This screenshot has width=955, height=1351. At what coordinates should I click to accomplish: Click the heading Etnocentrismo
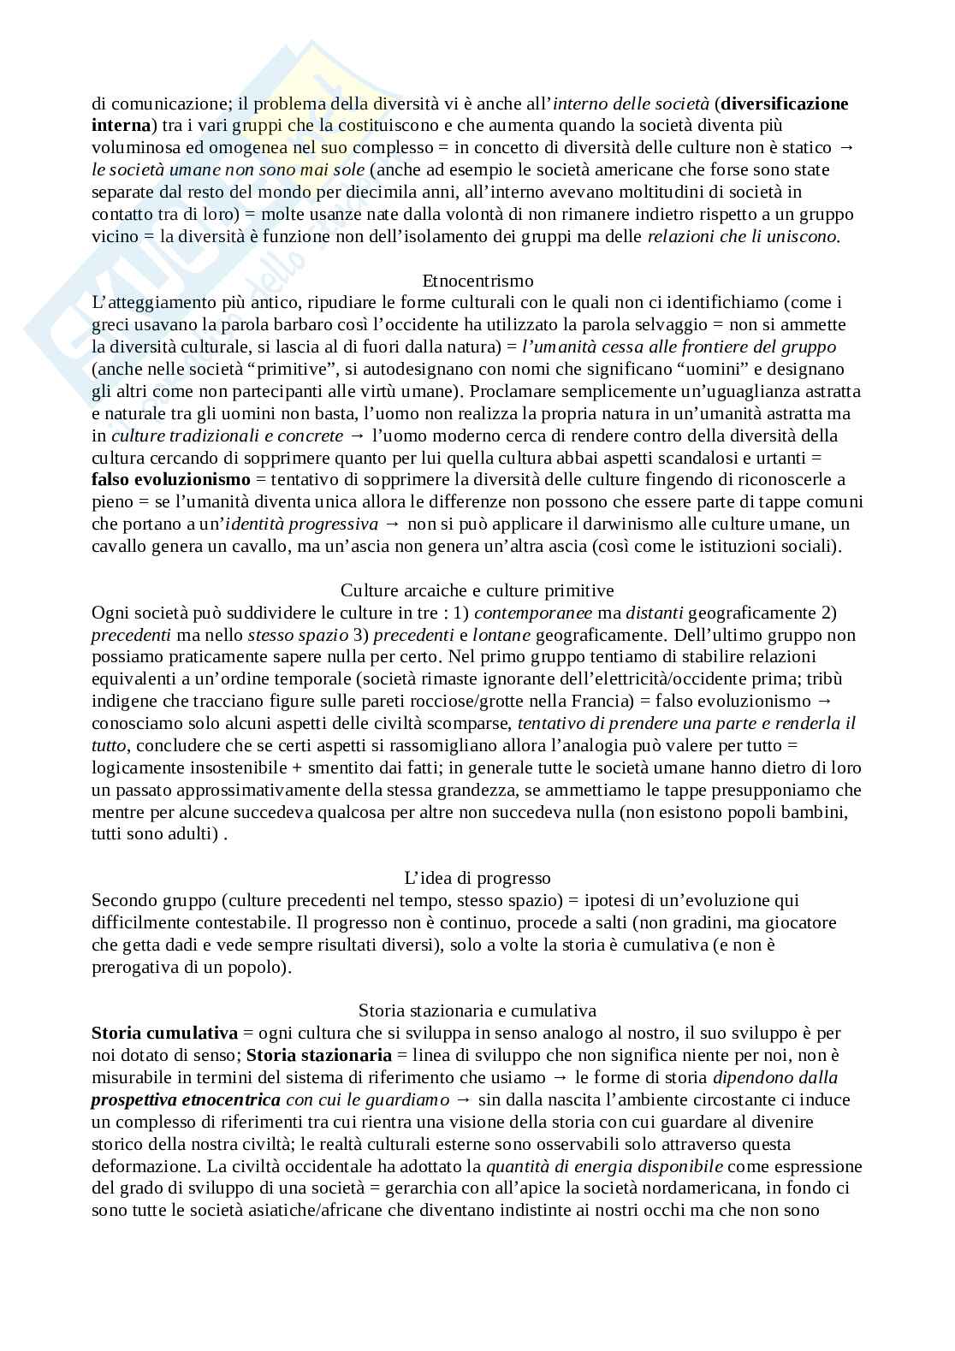pyautogui.click(x=478, y=281)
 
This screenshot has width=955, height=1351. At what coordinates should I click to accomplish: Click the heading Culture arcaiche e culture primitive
pyautogui.click(x=478, y=590)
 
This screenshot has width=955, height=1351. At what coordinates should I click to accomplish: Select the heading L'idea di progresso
pyautogui.click(x=478, y=878)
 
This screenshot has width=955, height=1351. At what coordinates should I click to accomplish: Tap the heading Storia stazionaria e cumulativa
pyautogui.click(x=478, y=1010)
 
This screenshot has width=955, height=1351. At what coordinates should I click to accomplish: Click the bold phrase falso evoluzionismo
pyautogui.click(x=171, y=479)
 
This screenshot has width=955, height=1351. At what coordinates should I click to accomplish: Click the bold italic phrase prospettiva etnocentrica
pyautogui.click(x=186, y=1099)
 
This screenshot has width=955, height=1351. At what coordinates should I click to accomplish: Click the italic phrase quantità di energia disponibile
pyautogui.click(x=604, y=1166)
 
